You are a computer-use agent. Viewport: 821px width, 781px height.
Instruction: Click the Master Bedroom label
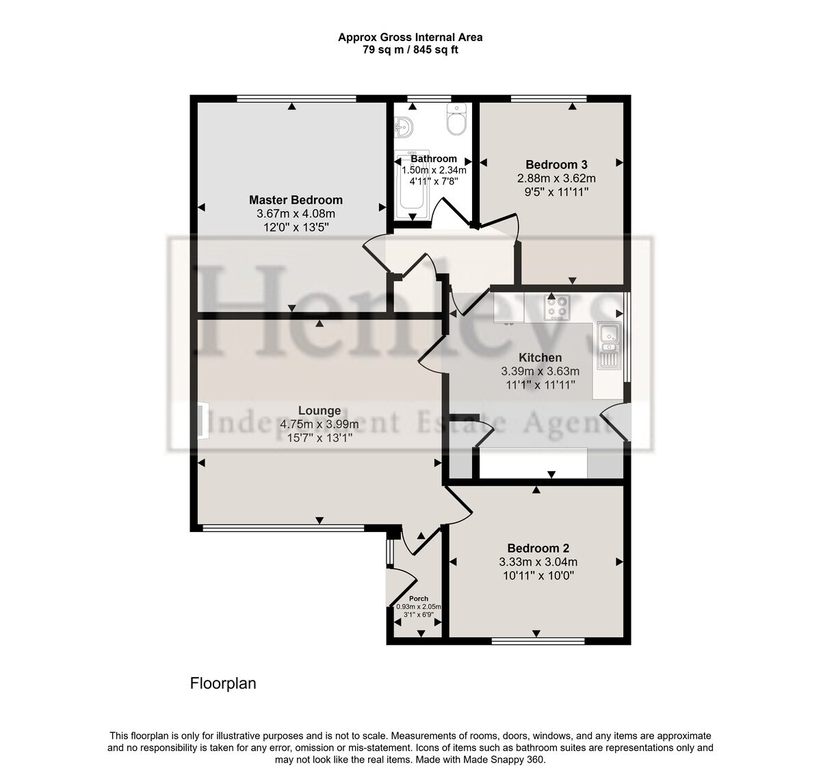pos(296,200)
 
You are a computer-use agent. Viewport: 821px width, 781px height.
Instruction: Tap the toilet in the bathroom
pos(456,120)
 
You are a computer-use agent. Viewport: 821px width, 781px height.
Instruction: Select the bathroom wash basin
pos(404,127)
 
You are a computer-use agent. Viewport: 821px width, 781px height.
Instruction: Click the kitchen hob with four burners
pos(557,308)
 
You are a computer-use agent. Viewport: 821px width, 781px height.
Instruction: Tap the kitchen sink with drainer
pos(609,345)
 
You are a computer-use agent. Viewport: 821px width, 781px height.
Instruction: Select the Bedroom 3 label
pos(556,164)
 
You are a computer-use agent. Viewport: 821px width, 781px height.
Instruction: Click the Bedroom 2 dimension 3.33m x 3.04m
pos(538,562)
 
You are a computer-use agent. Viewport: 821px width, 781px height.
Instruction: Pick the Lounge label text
pos(320,411)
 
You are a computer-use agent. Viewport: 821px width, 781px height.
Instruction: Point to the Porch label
pos(419,598)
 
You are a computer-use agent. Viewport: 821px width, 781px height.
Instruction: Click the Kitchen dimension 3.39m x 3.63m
pos(540,371)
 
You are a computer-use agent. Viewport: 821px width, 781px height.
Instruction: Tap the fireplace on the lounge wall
pos(203,421)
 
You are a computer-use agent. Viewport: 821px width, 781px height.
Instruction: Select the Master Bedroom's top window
pos(296,98)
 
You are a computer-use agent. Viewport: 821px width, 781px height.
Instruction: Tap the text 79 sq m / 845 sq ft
pos(410,50)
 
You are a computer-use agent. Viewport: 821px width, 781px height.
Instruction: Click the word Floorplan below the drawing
pos(223,683)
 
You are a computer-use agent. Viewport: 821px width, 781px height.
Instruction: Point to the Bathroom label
pos(434,159)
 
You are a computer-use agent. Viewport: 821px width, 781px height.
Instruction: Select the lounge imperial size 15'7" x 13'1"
pos(320,438)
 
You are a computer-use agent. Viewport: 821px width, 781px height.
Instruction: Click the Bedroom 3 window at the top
pos(549,98)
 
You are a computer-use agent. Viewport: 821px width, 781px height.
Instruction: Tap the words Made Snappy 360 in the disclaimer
pos(504,759)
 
